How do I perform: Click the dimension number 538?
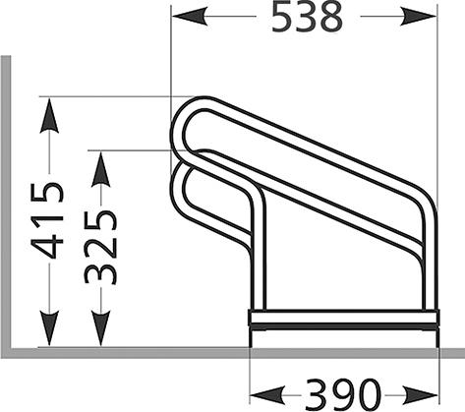pyautogui.click(x=306, y=18)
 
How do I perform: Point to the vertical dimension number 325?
pyautogui.click(x=100, y=246)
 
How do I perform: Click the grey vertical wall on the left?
pyautogui.click(x=5, y=197)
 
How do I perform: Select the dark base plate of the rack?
pyautogui.click(x=343, y=319)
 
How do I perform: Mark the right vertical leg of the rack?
pyautogui.click(x=428, y=265)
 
